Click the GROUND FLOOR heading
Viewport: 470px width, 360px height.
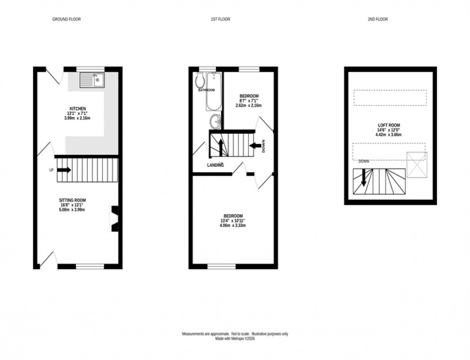coord(66,20)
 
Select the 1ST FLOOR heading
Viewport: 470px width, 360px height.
coord(221,20)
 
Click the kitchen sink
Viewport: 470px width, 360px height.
coord(92,80)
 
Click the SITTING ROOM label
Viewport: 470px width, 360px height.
coord(72,200)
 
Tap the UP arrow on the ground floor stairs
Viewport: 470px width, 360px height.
coord(65,170)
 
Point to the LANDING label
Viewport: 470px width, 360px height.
coord(215,165)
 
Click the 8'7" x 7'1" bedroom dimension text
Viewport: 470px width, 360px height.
coord(249,101)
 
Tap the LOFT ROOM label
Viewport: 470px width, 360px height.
coord(389,125)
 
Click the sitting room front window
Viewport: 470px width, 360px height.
coord(90,266)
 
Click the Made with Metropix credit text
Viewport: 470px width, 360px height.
coord(235,338)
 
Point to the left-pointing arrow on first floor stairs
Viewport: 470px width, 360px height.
coord(255,144)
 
